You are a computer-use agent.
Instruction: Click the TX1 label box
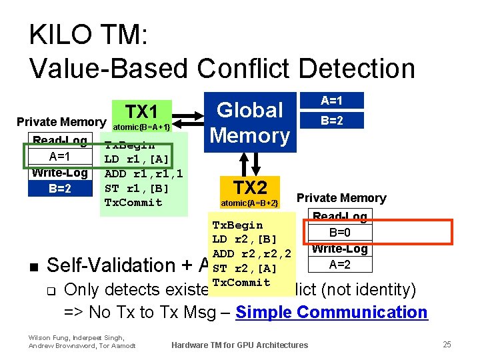[x=141, y=112]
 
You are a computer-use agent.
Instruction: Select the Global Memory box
[x=250, y=122]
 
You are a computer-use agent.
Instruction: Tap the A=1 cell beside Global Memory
[x=331, y=101]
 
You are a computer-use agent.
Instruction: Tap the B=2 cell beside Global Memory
[x=331, y=121]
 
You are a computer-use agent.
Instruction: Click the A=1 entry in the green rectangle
[x=60, y=157]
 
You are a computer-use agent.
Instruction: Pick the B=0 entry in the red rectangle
[x=340, y=233]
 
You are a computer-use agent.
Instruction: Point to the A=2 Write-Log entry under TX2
[x=340, y=265]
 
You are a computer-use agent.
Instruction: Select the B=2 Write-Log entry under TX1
[x=60, y=188]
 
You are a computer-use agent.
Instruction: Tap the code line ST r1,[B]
[x=137, y=188]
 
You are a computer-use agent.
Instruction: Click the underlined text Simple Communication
[x=331, y=312]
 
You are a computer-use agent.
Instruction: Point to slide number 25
[x=447, y=344]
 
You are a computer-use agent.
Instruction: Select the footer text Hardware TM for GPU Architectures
[x=239, y=345]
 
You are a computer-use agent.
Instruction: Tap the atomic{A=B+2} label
[x=249, y=203]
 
